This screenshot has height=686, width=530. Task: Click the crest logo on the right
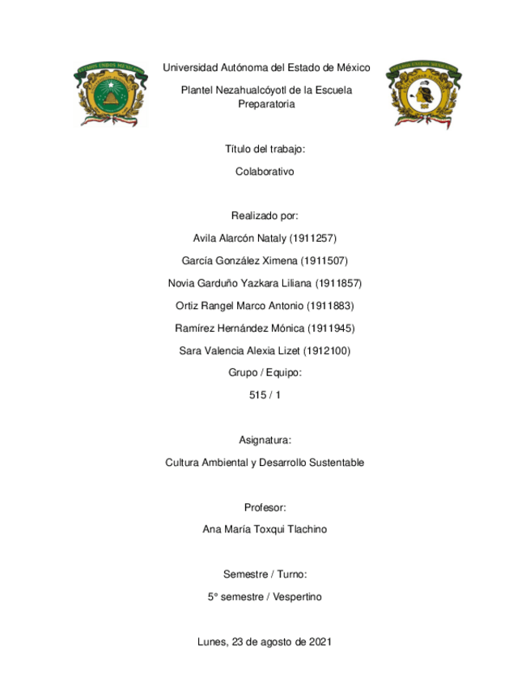coord(423,92)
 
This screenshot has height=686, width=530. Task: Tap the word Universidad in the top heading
coord(193,67)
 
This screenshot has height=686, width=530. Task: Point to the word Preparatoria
coord(266,104)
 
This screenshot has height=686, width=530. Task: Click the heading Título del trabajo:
coord(265,150)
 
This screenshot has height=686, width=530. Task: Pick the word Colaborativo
coord(265,171)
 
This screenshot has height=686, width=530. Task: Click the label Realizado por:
coord(265,216)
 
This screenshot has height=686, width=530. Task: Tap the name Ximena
coord(279,260)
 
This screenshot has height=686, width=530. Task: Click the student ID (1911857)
coord(337,283)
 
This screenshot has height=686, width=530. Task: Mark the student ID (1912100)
coord(326,350)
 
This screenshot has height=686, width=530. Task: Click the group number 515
coord(257,396)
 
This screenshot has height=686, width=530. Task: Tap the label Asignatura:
coord(265,440)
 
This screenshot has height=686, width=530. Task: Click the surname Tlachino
coord(306,530)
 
